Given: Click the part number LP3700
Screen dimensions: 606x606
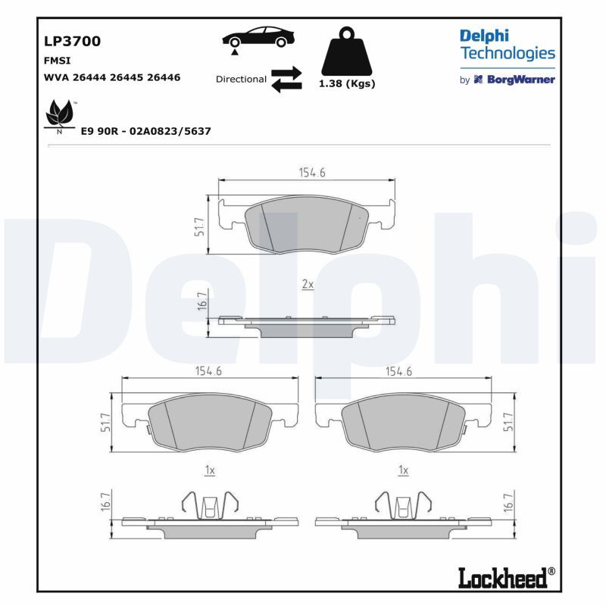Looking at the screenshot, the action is pos(72,41).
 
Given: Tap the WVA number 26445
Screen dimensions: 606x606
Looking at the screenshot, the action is pos(125,77).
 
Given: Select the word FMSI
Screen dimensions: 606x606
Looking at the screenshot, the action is pos(58,61).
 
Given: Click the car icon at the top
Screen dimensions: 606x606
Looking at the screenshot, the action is pos(258,38).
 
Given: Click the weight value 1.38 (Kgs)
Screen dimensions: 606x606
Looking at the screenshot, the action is pos(347,83).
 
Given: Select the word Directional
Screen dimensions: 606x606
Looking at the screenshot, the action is pos(241,80).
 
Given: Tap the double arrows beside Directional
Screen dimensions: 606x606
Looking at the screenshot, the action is pos(286,80).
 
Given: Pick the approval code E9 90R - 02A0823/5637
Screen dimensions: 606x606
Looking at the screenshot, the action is pos(145,131).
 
